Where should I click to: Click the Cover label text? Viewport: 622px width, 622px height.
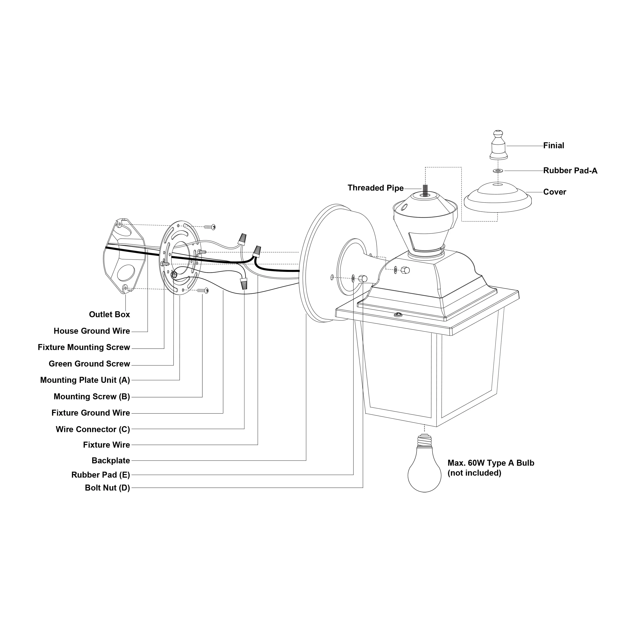[x=554, y=192]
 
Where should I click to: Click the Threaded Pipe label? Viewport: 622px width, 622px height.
[x=375, y=188]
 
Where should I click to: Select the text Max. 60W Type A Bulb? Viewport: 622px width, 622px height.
[x=491, y=463]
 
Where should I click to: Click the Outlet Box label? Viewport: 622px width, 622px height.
[x=109, y=315]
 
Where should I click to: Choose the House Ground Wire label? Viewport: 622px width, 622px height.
[x=92, y=331]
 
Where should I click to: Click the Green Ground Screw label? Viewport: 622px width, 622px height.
[x=89, y=364]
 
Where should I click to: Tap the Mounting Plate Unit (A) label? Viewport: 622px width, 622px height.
[x=85, y=380]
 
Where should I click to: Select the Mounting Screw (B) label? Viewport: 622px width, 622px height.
[x=92, y=397]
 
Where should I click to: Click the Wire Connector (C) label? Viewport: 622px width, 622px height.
[x=93, y=429]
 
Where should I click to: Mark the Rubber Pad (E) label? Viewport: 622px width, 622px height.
[x=100, y=475]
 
